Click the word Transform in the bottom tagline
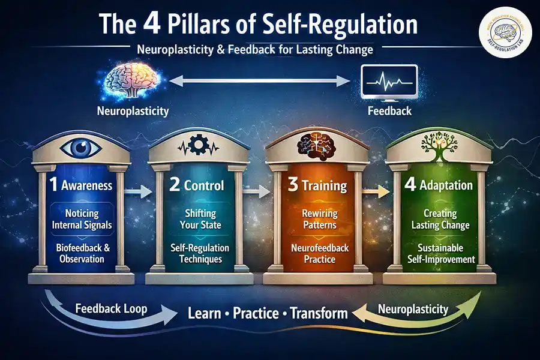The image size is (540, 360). coord(319,313)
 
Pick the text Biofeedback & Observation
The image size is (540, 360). coord(85,253)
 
